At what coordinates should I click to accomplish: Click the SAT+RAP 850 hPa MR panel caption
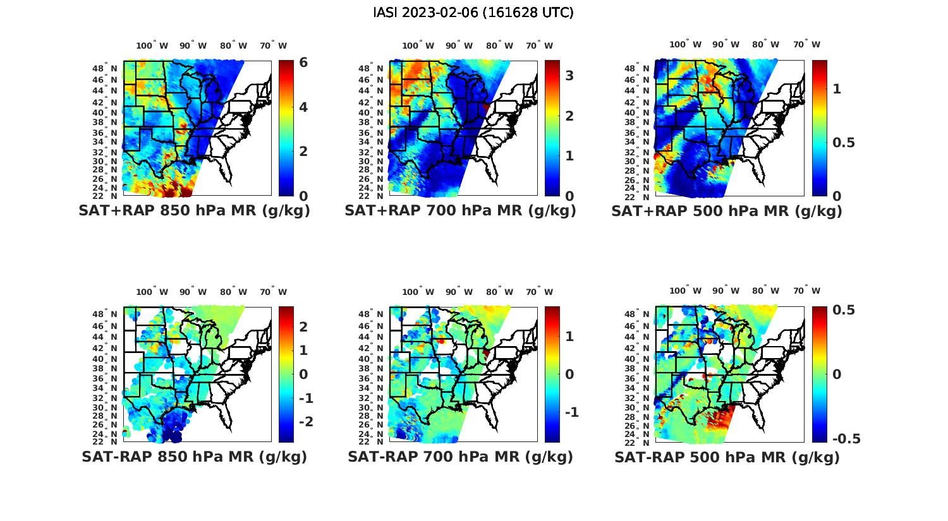[x=194, y=211]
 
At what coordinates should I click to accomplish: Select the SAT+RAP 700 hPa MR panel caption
[x=460, y=211]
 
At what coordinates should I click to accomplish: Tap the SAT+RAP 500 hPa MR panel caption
[x=727, y=211]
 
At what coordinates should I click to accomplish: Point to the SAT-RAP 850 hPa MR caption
[x=194, y=457]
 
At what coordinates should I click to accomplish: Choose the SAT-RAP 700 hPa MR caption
[x=460, y=457]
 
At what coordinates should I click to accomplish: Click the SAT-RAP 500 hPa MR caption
[x=727, y=457]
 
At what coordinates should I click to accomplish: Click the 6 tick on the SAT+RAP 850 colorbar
[x=303, y=63]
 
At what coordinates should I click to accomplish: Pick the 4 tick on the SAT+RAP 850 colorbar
[x=303, y=107]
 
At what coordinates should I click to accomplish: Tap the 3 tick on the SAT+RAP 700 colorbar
[x=569, y=76]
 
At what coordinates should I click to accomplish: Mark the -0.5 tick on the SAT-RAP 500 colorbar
[x=846, y=439]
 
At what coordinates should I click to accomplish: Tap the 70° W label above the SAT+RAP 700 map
[x=539, y=45]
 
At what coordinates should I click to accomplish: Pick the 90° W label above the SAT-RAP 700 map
[x=459, y=292]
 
